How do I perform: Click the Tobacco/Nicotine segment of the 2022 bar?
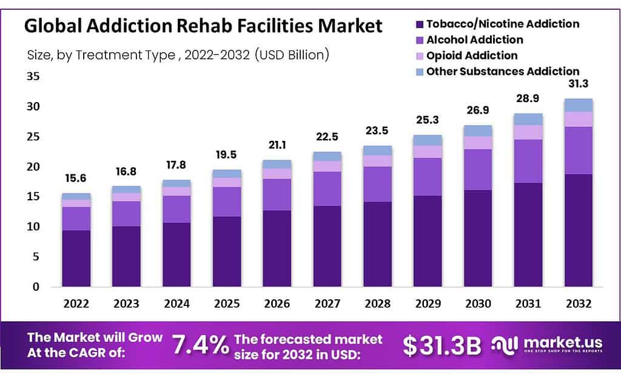(76, 258)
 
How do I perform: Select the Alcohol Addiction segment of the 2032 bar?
(578, 151)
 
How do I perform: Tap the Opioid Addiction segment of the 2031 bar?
(528, 132)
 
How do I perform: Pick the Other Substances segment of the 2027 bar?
(327, 156)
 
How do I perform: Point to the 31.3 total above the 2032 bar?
(578, 84)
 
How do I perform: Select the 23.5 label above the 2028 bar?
(377, 131)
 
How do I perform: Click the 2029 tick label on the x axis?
(428, 303)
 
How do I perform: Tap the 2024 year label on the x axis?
(176, 303)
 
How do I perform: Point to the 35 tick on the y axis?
(33, 76)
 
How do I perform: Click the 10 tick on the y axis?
(33, 226)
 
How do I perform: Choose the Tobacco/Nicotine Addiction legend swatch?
(418, 24)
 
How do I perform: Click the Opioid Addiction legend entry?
(472, 56)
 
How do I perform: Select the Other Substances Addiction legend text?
(502, 72)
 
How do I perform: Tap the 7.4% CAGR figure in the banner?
(200, 345)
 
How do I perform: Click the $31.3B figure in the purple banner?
(441, 345)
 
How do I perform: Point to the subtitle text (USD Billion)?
(292, 55)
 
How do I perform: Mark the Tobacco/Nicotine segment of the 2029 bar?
(428, 240)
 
